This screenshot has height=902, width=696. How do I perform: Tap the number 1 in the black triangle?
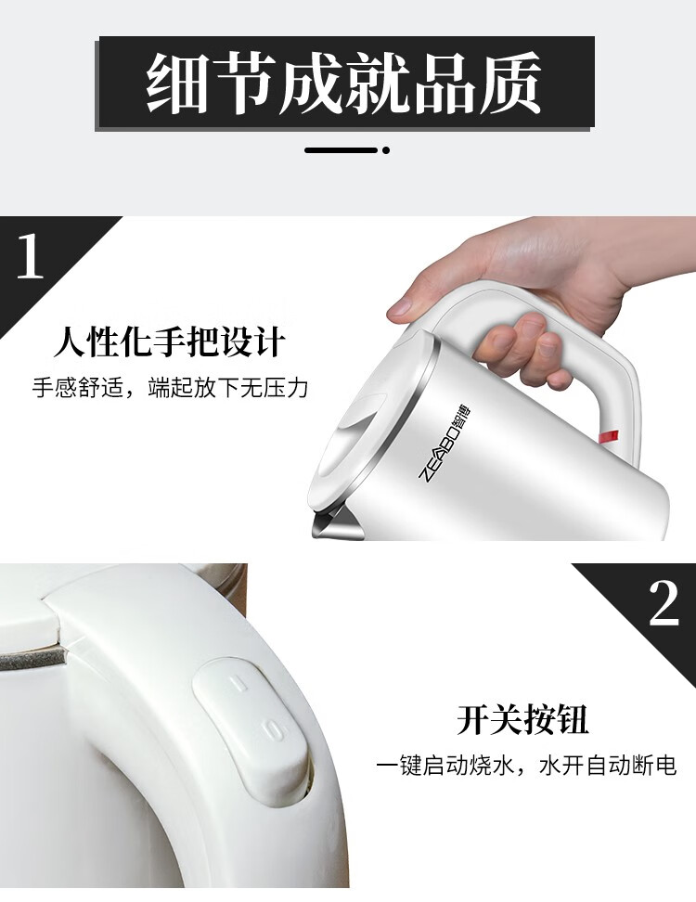point(30,256)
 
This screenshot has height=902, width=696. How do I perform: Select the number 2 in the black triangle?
point(664,603)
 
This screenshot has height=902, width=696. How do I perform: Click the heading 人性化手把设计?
point(170,342)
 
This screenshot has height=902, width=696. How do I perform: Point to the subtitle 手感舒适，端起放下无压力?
point(170,388)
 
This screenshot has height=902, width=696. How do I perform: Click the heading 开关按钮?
point(523,719)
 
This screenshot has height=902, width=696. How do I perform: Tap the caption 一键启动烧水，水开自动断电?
point(526,766)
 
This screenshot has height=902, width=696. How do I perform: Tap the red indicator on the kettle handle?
point(609,437)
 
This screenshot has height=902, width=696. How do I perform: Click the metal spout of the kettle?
point(337,522)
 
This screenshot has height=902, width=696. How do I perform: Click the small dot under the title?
point(386,150)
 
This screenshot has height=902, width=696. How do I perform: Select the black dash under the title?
point(342,150)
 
